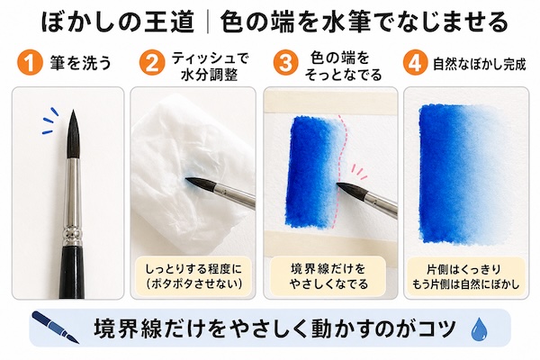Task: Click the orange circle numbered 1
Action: [x=30, y=63]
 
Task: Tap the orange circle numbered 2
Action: [x=152, y=63]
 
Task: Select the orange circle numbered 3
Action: [x=286, y=63]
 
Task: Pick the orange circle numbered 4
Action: [x=415, y=63]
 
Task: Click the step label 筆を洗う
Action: [x=81, y=63]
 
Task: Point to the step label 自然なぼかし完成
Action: [x=480, y=64]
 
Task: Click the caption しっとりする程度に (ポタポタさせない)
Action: [x=193, y=276]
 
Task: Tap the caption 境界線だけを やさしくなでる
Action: [x=328, y=276]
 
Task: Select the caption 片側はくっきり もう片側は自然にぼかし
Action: [x=465, y=276]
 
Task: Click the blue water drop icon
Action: [x=479, y=329]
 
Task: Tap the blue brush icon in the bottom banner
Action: [x=55, y=328]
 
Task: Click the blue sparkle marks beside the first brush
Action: [x=49, y=121]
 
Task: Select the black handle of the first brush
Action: [x=74, y=270]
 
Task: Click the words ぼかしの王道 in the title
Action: [x=118, y=22]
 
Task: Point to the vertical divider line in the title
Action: [x=207, y=22]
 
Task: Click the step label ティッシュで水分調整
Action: [x=210, y=66]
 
